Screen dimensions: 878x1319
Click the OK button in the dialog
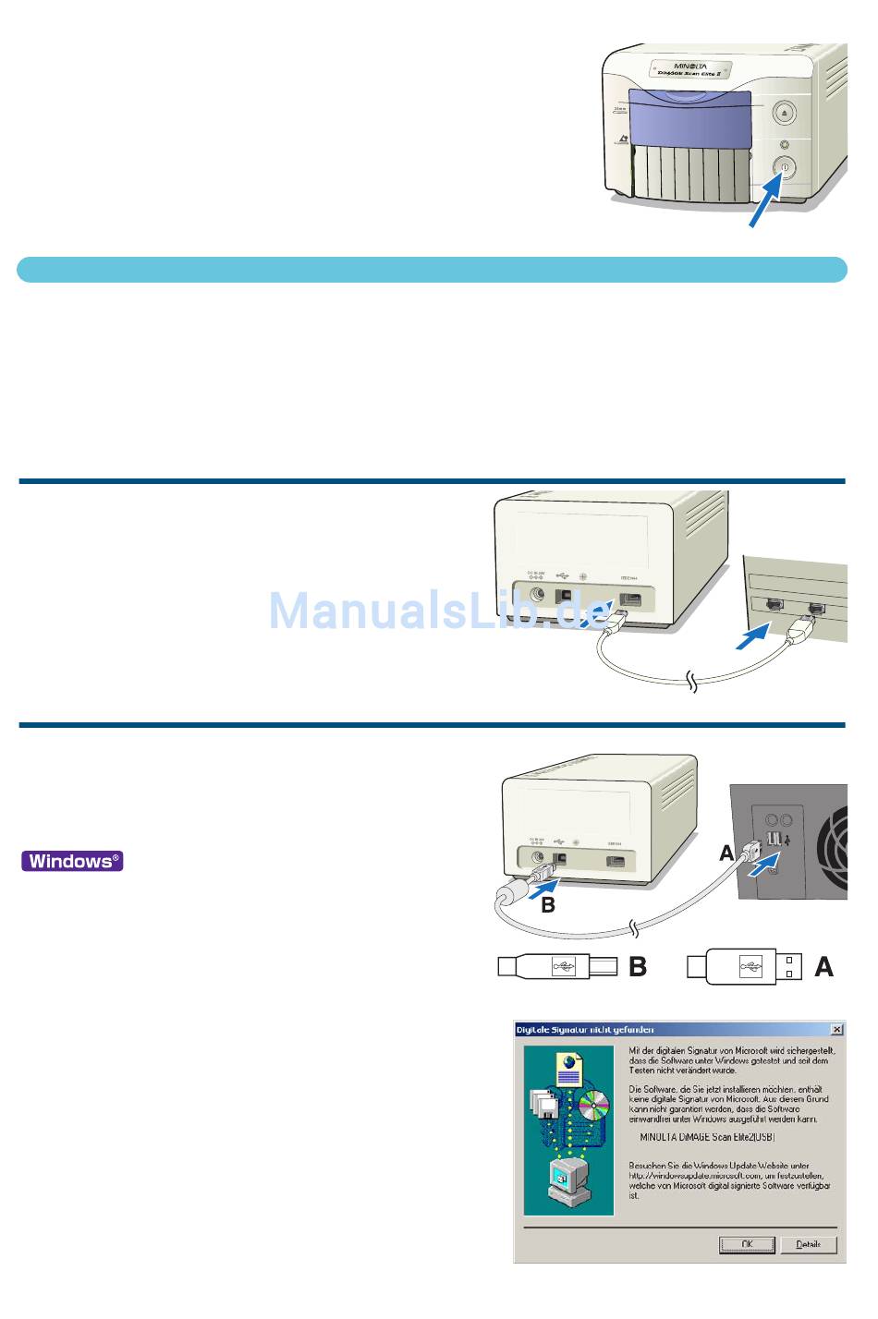click(x=747, y=1244)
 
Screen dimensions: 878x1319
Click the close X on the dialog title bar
click(x=836, y=1029)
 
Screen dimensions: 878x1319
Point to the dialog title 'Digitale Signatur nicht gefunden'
click(x=585, y=1029)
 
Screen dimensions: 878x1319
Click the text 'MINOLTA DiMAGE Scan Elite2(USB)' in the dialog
click(x=707, y=1138)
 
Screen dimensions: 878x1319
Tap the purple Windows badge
click(x=72, y=861)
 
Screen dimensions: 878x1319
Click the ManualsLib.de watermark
click(x=439, y=611)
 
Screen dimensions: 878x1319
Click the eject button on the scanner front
click(x=784, y=113)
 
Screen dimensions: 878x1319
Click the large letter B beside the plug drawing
click(x=638, y=967)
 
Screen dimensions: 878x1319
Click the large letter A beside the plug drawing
click(x=823, y=967)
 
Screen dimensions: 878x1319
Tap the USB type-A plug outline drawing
click(x=744, y=967)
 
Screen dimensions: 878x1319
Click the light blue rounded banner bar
click(x=432, y=270)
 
